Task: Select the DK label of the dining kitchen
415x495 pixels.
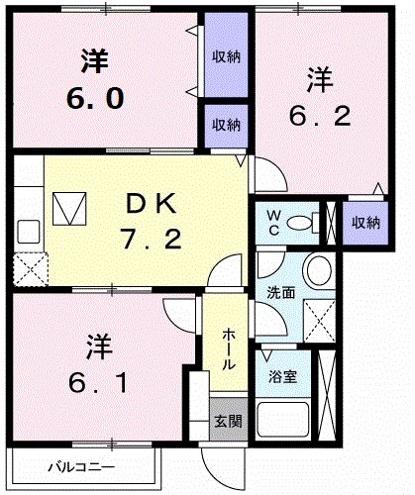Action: tap(152, 204)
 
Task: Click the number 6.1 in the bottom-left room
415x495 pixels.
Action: tap(96, 380)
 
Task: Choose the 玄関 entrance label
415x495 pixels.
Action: tap(227, 421)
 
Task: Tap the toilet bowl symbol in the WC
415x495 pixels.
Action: tap(306, 221)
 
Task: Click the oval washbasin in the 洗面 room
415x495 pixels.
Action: tap(318, 269)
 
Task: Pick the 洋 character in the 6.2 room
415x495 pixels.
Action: tap(319, 76)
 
